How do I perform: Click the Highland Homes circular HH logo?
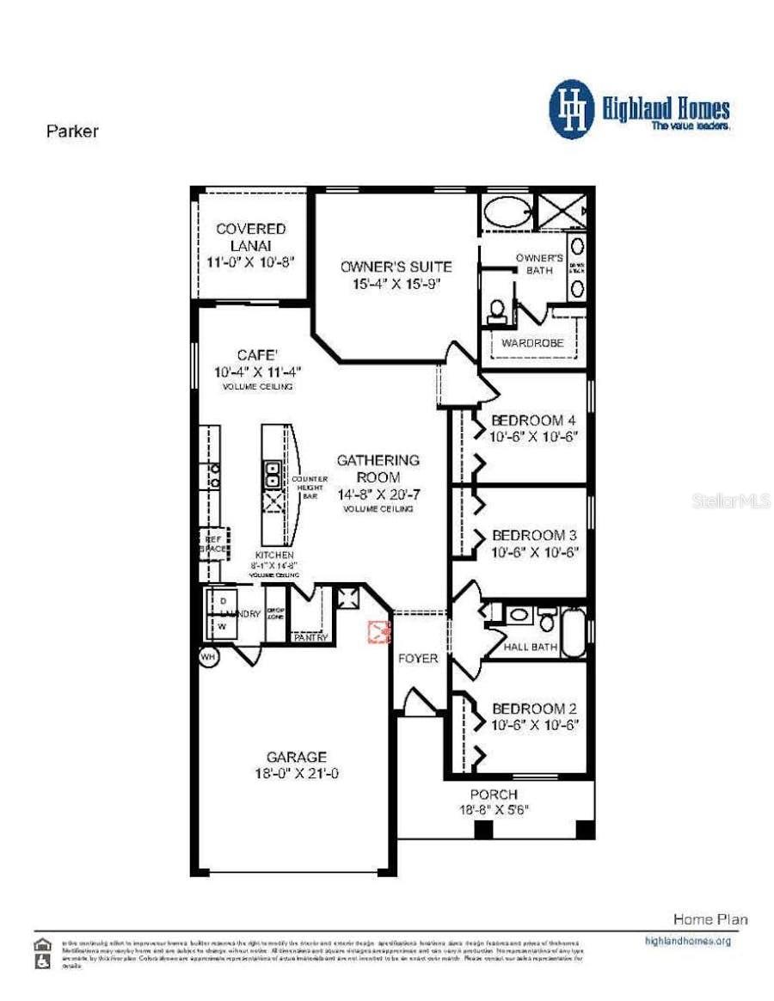point(572,109)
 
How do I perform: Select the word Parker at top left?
point(71,132)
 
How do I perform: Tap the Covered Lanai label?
point(250,236)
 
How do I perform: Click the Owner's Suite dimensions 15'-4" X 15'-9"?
point(396,284)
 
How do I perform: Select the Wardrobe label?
point(532,342)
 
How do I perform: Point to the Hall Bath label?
point(531,647)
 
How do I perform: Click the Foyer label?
point(417,659)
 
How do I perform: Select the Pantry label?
point(310,637)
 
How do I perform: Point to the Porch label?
point(494,795)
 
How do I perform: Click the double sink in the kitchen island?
point(272,475)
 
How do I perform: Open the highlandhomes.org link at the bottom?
point(687,941)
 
